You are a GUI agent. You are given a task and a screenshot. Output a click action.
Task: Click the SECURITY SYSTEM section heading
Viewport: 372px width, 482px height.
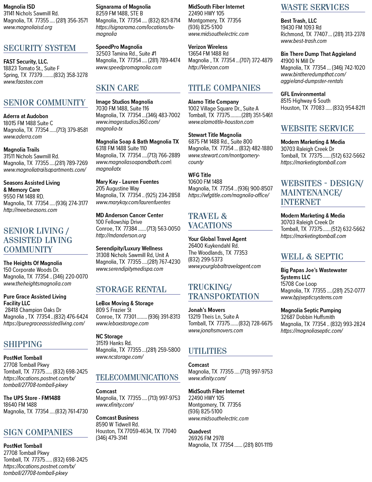pyautogui.click(x=40, y=48)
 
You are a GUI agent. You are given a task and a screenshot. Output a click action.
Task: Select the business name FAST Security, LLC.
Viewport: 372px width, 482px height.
pyautogui.click(x=26, y=62)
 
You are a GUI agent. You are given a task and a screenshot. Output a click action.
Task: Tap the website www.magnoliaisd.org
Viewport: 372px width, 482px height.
pyautogui.click(x=28, y=27)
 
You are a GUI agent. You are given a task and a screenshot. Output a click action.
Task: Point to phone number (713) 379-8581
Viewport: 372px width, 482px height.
pyautogui.click(x=72, y=130)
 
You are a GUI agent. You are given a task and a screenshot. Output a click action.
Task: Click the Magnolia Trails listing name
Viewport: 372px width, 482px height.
pyautogui.click(x=21, y=150)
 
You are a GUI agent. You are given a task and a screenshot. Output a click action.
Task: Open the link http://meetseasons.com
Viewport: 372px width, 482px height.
pyautogui.click(x=30, y=210)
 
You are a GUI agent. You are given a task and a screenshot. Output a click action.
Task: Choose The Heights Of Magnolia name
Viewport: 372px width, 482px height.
pyautogui.click(x=32, y=263)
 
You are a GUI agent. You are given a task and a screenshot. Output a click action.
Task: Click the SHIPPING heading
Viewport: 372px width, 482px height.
pyautogui.click(x=23, y=344)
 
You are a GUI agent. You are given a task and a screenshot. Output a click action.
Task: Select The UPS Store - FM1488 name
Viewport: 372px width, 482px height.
pyautogui.click(x=32, y=398)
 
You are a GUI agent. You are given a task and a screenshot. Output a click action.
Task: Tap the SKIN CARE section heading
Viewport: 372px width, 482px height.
pyautogui.click(x=117, y=88)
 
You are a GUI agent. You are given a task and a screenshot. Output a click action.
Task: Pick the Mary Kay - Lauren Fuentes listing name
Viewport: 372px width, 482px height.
pyautogui.click(x=127, y=182)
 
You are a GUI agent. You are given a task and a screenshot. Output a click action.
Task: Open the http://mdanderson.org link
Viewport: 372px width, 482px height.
pyautogui.click(x=121, y=235)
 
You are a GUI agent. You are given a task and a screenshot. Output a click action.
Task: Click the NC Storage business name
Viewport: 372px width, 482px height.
pyautogui.click(x=109, y=336)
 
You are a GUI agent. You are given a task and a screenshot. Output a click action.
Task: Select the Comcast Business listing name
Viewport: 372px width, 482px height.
pyautogui.click(x=117, y=418)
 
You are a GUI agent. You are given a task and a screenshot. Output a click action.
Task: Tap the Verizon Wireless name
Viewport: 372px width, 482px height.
pyautogui.click(x=208, y=47)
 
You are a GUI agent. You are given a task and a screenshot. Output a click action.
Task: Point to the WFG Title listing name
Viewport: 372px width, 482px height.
pyautogui.click(x=200, y=175)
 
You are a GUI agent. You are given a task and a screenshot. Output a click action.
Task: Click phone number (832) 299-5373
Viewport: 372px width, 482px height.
pyautogui.click(x=205, y=259)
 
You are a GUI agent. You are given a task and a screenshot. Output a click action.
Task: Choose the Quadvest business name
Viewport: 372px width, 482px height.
pyautogui.click(x=200, y=431)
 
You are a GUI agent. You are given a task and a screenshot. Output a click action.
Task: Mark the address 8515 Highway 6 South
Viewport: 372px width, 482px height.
pyautogui.click(x=305, y=101)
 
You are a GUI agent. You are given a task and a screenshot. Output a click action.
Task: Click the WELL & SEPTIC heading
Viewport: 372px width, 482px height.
pyautogui.click(x=312, y=257)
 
